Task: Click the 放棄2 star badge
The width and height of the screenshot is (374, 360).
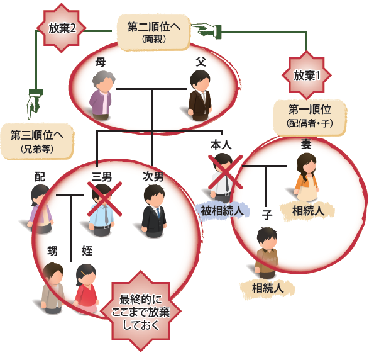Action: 62,28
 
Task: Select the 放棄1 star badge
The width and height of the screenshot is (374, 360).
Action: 307,75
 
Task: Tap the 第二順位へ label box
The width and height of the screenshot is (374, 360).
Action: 153,33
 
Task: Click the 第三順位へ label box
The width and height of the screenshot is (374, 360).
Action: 37,142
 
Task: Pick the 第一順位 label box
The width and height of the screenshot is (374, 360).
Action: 310,118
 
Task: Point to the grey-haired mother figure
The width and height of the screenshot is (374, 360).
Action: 102,96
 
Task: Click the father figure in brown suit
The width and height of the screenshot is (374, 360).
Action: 200,96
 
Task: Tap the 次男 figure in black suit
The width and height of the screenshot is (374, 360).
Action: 153,211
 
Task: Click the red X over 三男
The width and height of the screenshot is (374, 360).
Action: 105,199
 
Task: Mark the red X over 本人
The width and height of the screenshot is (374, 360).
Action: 226,172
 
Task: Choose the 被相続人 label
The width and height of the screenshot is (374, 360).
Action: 223,211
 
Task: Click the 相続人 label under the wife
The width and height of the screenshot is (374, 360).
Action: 308,211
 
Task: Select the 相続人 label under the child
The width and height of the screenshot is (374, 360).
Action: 268,288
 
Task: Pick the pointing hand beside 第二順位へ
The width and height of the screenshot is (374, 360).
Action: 207,30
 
